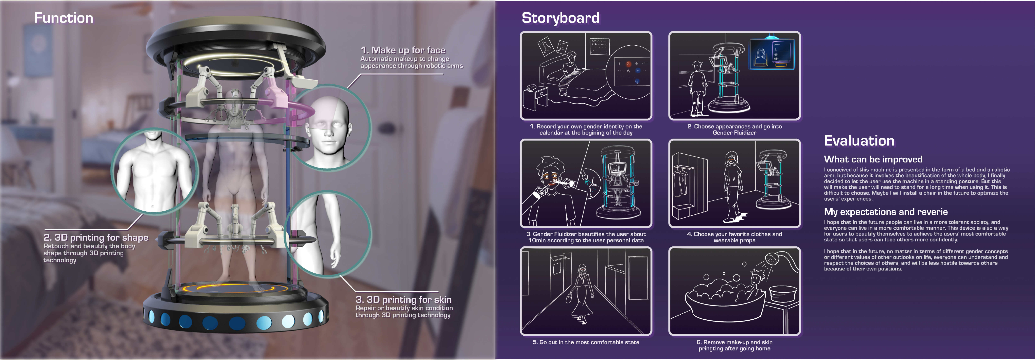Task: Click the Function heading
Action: point(63,18)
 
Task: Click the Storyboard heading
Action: point(560,18)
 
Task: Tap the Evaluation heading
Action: point(859,141)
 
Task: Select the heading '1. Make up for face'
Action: point(403,50)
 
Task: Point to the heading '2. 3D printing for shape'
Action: point(96,237)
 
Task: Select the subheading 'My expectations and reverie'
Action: point(886,212)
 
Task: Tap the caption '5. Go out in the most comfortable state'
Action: point(585,342)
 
